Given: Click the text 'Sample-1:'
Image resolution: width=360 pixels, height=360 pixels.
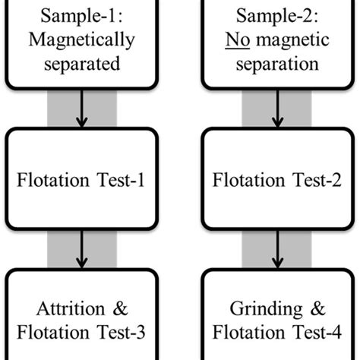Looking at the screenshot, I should tap(82, 17).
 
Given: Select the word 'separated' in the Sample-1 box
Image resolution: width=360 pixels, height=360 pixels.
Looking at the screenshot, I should tap(82, 65).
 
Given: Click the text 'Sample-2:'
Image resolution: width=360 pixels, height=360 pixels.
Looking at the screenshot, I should tap(278, 17).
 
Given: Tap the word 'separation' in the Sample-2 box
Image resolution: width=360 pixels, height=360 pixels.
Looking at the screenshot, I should tap(278, 65).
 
